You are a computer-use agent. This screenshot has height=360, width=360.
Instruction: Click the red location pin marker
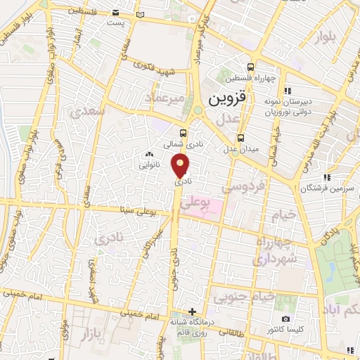(181, 166)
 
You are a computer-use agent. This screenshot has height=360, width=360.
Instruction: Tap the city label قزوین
(230, 99)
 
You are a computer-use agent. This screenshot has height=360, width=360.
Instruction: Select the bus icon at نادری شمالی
(184, 132)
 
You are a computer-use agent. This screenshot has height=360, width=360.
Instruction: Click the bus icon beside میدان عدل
(241, 138)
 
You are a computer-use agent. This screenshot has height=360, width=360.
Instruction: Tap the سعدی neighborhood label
(89, 111)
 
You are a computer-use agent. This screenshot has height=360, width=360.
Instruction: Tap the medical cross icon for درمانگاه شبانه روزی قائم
(193, 312)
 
